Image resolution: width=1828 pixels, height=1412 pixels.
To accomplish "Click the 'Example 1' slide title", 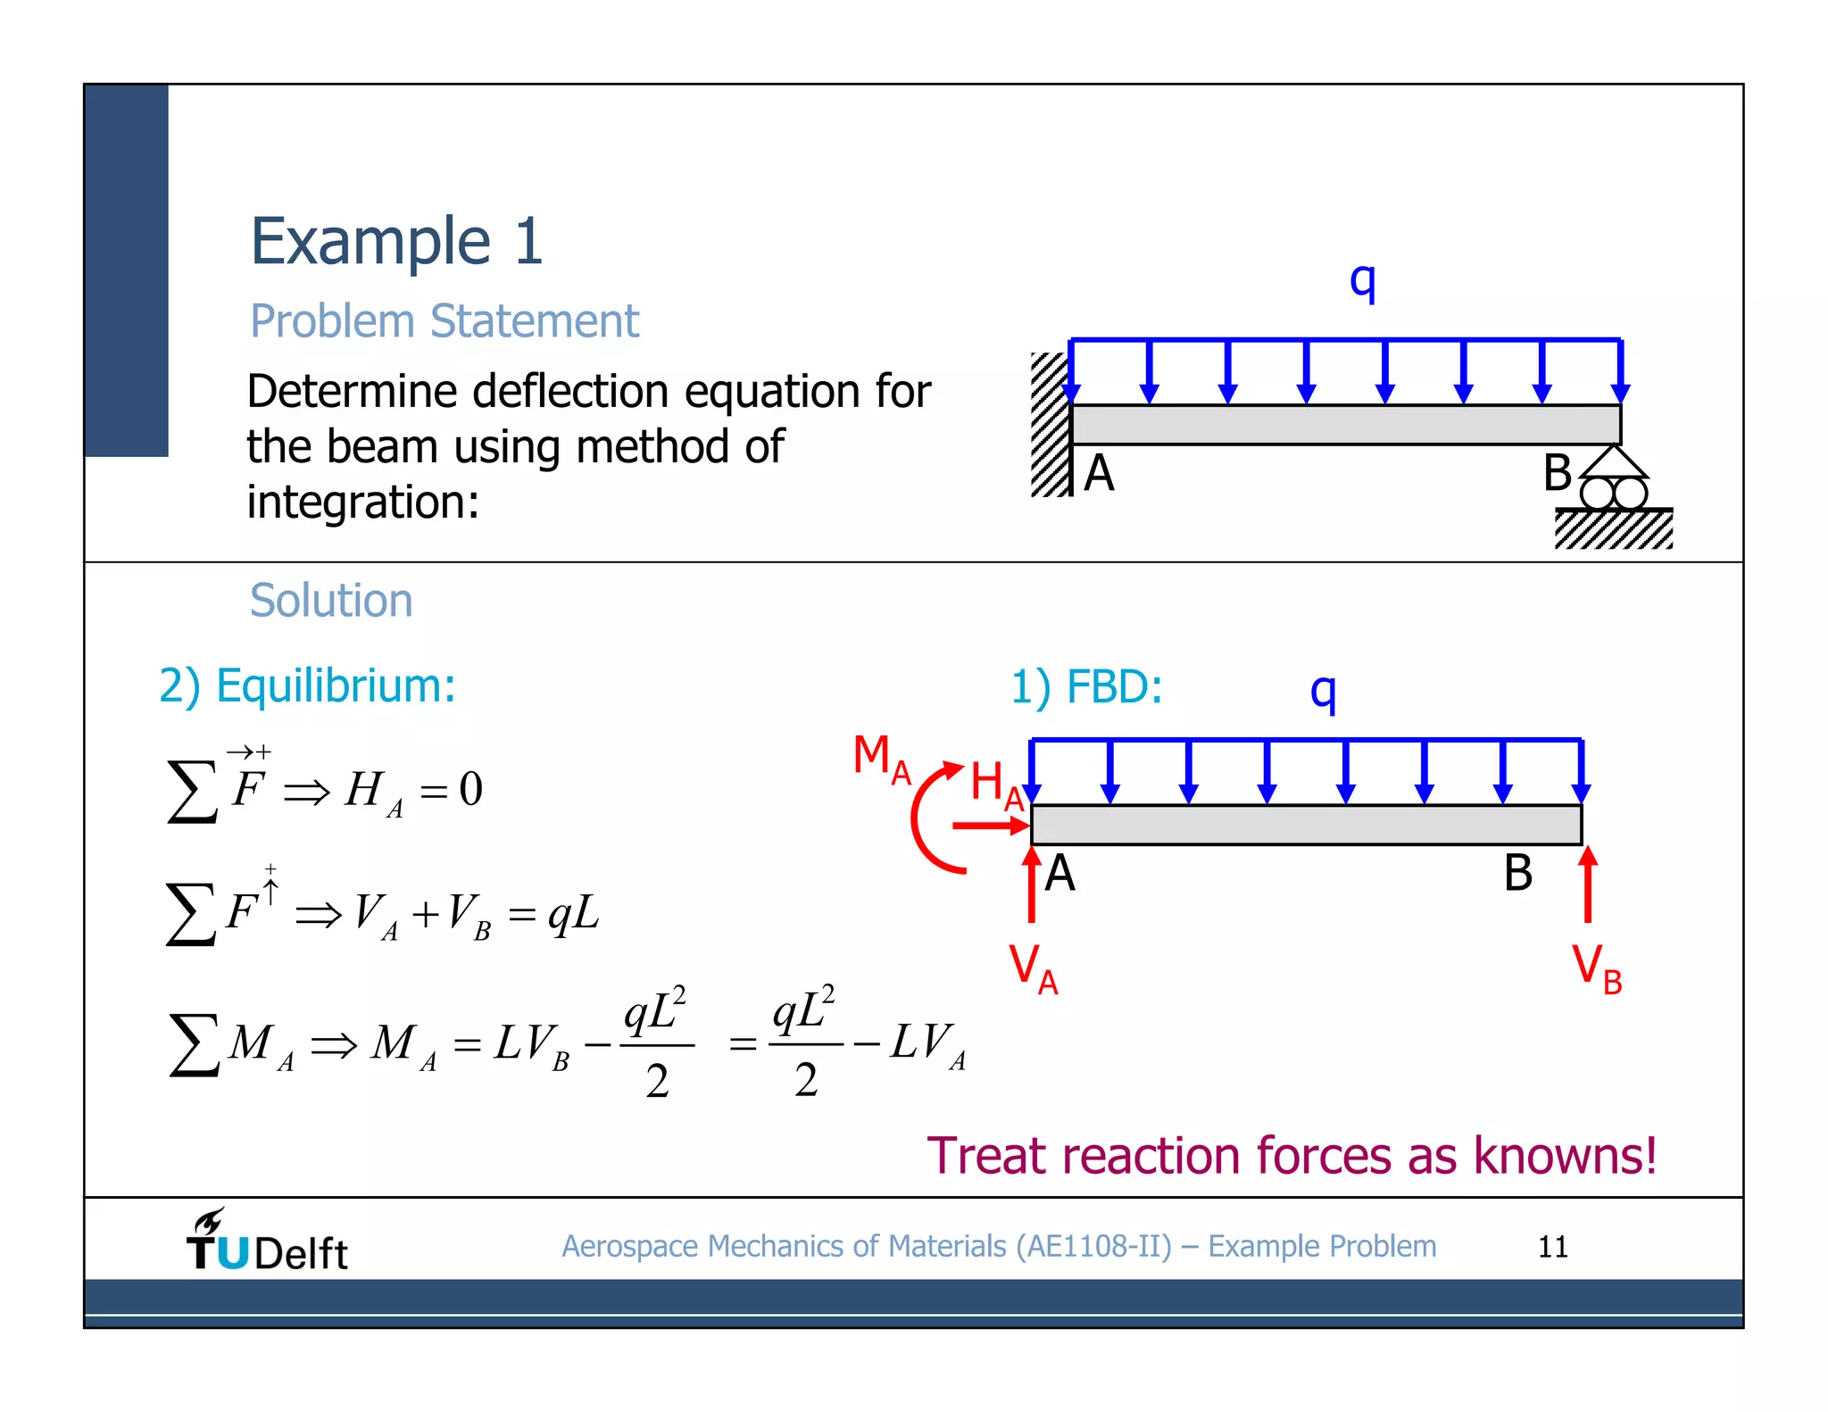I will pos(396,242).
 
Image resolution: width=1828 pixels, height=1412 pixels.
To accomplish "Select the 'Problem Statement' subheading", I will pos(444,321).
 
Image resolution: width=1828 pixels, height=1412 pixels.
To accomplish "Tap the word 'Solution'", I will pos(331,601).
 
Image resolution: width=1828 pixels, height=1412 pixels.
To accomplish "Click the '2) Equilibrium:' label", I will pos(307,686).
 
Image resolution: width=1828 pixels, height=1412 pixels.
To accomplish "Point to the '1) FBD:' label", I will pos(1086,687).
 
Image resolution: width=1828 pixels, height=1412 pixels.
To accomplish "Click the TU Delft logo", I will pos(266,1242).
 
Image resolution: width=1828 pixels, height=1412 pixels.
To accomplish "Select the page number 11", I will pos(1552,1247).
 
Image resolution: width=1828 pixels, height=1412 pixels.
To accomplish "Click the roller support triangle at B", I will pos(1613,463).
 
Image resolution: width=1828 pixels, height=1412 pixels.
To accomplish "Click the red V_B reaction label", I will pos(1596,968).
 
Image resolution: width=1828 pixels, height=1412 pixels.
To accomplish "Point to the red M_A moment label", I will pos(881,759).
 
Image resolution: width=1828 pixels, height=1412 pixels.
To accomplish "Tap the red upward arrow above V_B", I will pos(1588,884).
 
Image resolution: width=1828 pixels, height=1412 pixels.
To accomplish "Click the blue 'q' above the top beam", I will pos(1362,282).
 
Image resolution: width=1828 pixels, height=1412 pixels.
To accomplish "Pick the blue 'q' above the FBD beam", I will pos(1323,692).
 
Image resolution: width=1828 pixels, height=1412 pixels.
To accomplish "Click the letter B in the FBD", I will pos(1517,873).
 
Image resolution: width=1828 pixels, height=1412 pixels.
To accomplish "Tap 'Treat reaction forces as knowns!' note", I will pos(1292,1156).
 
